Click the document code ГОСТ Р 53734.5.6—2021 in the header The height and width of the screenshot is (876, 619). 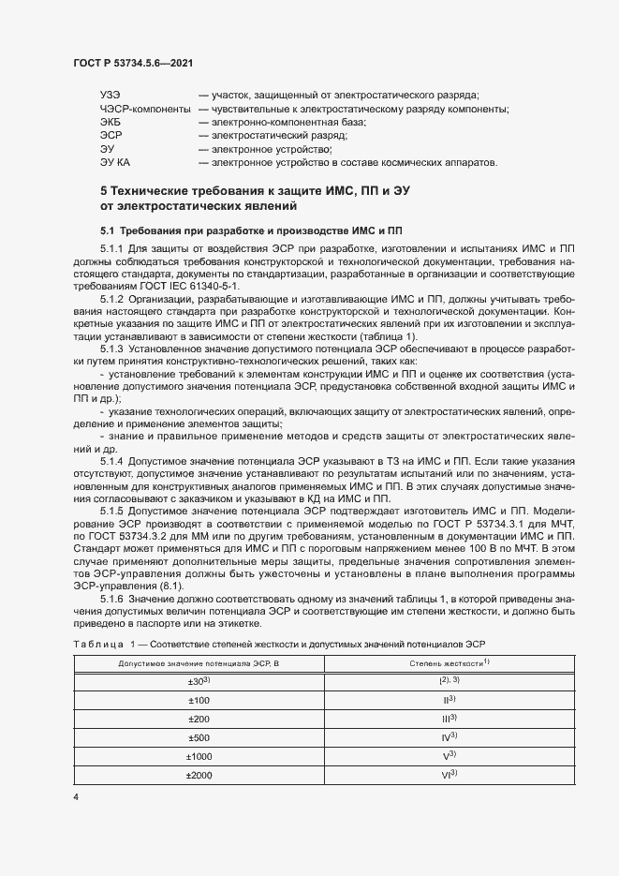point(133,62)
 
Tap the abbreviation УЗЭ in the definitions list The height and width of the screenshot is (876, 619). point(111,96)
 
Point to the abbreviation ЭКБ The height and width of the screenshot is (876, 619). point(111,123)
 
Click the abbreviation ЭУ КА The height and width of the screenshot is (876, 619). point(115,162)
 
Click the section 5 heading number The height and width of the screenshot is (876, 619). point(104,191)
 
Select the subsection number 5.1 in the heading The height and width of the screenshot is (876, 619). point(107,230)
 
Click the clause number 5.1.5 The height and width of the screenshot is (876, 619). point(111,512)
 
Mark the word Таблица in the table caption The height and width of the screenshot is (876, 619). point(97,642)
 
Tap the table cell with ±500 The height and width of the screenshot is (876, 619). point(199,737)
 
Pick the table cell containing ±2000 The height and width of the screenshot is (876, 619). point(199,775)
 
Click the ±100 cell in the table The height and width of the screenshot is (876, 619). point(199,700)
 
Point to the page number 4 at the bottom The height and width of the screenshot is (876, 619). point(75,796)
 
